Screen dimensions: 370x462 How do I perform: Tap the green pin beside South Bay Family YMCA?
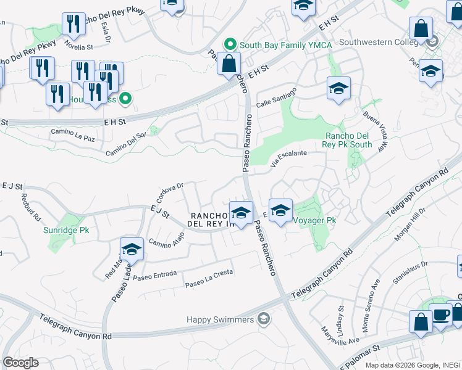point(230,44)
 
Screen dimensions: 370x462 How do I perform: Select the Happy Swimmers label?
point(220,319)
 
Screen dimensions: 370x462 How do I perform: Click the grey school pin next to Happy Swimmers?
point(264,318)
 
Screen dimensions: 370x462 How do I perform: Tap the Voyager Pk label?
point(314,220)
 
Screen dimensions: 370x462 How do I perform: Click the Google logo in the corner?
point(20,363)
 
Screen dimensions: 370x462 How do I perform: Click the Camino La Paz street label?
point(73,135)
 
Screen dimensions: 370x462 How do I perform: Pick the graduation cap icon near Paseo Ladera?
point(132,249)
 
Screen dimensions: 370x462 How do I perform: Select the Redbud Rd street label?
point(31,208)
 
